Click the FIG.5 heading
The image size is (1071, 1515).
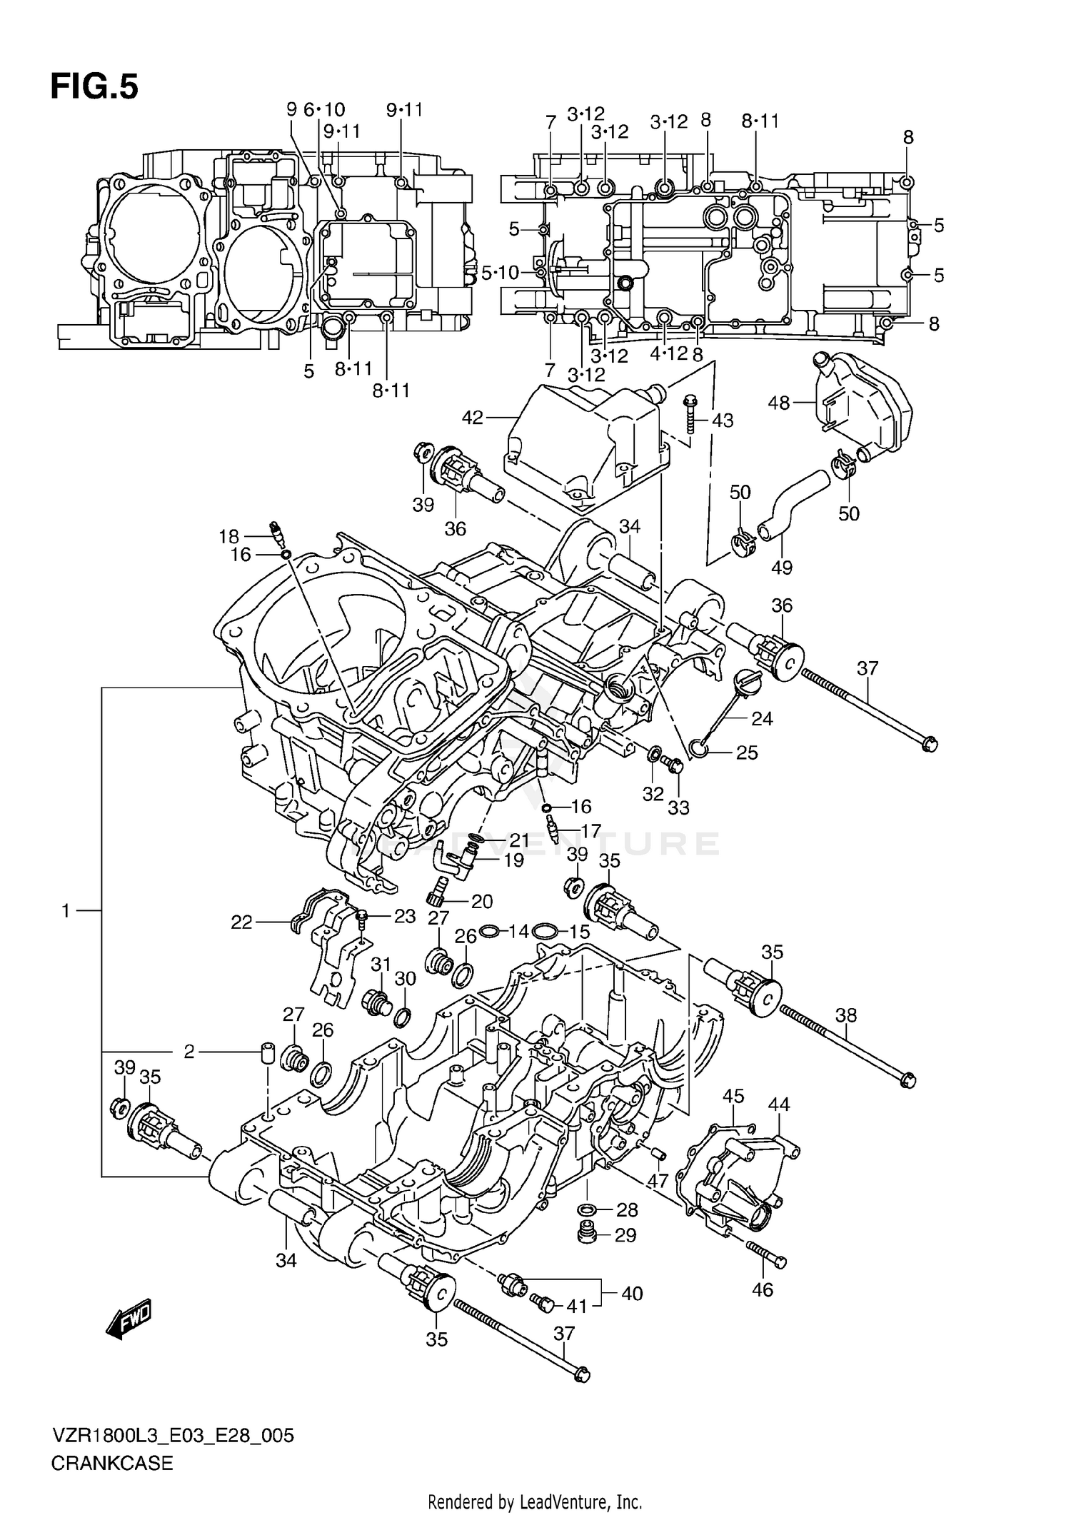(x=94, y=87)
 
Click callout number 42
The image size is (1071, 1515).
(x=473, y=418)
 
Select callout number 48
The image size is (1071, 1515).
(x=778, y=403)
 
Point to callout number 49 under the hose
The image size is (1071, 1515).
(x=782, y=568)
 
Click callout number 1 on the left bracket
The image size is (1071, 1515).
(x=66, y=911)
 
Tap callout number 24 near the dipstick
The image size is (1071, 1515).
(x=762, y=718)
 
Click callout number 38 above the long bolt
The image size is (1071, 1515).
(x=845, y=1015)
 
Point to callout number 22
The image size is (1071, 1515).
(x=241, y=922)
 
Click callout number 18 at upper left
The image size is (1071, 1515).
(x=228, y=536)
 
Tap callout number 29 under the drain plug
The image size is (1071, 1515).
(x=625, y=1235)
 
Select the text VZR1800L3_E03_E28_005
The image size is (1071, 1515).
(x=172, y=1436)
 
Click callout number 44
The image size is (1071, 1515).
(x=778, y=1105)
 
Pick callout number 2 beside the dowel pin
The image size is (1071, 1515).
(x=189, y=1052)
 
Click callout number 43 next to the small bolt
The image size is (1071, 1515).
(x=723, y=421)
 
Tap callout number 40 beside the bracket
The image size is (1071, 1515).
(x=632, y=1293)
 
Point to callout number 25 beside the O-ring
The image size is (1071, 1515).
(x=747, y=753)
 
